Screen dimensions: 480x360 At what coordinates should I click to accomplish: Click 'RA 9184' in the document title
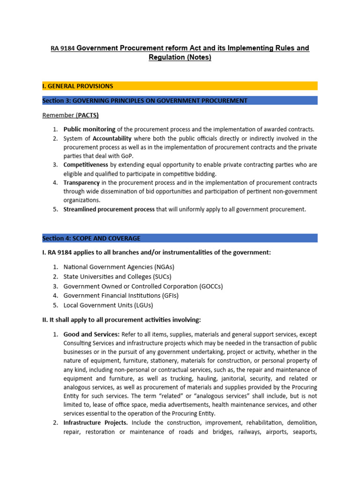(x=63, y=49)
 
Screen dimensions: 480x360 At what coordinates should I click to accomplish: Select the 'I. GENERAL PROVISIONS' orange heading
(x=78, y=86)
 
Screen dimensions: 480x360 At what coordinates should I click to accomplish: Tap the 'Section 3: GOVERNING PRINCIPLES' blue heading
(x=145, y=101)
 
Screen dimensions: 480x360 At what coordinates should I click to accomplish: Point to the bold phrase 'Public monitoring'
(x=89, y=129)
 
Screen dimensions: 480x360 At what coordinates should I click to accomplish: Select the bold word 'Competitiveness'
(x=86, y=165)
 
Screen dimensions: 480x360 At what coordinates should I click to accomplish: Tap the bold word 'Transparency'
(x=82, y=183)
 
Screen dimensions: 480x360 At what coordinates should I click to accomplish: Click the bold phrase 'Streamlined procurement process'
(x=109, y=210)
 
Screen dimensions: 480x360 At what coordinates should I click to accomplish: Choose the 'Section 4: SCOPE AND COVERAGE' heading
(x=91, y=238)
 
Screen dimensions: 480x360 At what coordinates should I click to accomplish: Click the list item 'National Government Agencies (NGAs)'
(x=119, y=267)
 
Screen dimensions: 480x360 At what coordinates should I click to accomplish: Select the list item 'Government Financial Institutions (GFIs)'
(x=121, y=295)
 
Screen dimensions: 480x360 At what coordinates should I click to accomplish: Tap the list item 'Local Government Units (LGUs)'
(x=108, y=305)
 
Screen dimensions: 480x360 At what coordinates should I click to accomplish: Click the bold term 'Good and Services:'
(x=91, y=335)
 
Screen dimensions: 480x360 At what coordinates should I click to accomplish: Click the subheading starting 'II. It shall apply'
(x=121, y=320)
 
